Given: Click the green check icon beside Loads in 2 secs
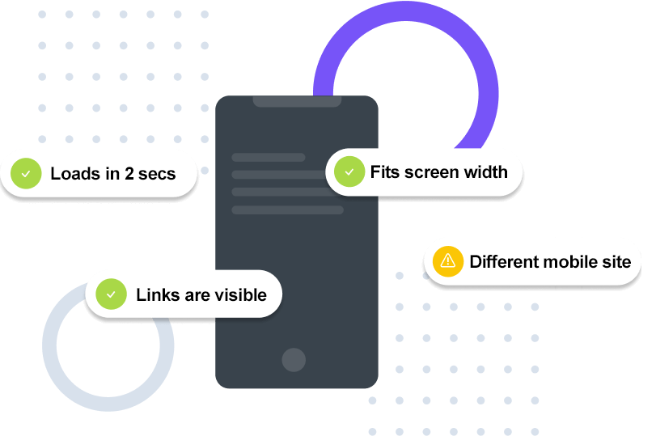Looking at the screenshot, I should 26,173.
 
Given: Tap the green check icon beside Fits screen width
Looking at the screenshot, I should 349,171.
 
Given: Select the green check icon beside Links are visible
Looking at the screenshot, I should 112,294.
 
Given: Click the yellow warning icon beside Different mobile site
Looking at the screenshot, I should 447,261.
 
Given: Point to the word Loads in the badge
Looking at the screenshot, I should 74,173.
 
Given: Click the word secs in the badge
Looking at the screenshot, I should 157,173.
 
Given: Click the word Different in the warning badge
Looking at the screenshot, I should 503,261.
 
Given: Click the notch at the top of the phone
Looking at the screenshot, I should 296,101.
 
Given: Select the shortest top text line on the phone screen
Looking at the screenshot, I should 268,157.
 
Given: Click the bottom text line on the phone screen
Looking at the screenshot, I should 287,210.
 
